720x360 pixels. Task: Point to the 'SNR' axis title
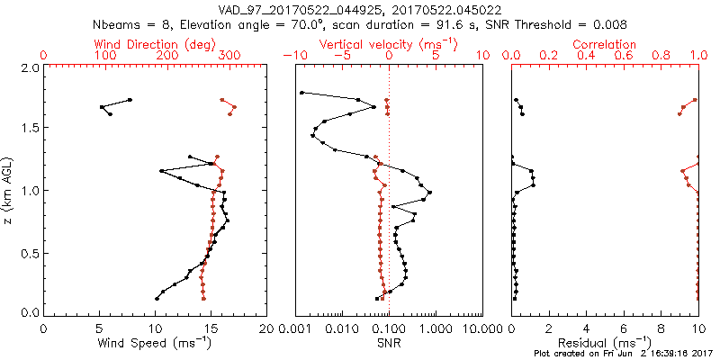(x=389, y=344)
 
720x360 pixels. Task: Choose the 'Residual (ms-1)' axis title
(x=605, y=344)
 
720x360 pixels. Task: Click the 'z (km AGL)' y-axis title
(x=8, y=190)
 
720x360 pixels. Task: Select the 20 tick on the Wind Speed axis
(x=266, y=328)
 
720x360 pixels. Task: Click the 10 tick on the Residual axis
(x=697, y=328)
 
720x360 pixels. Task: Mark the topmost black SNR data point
(x=301, y=92)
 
